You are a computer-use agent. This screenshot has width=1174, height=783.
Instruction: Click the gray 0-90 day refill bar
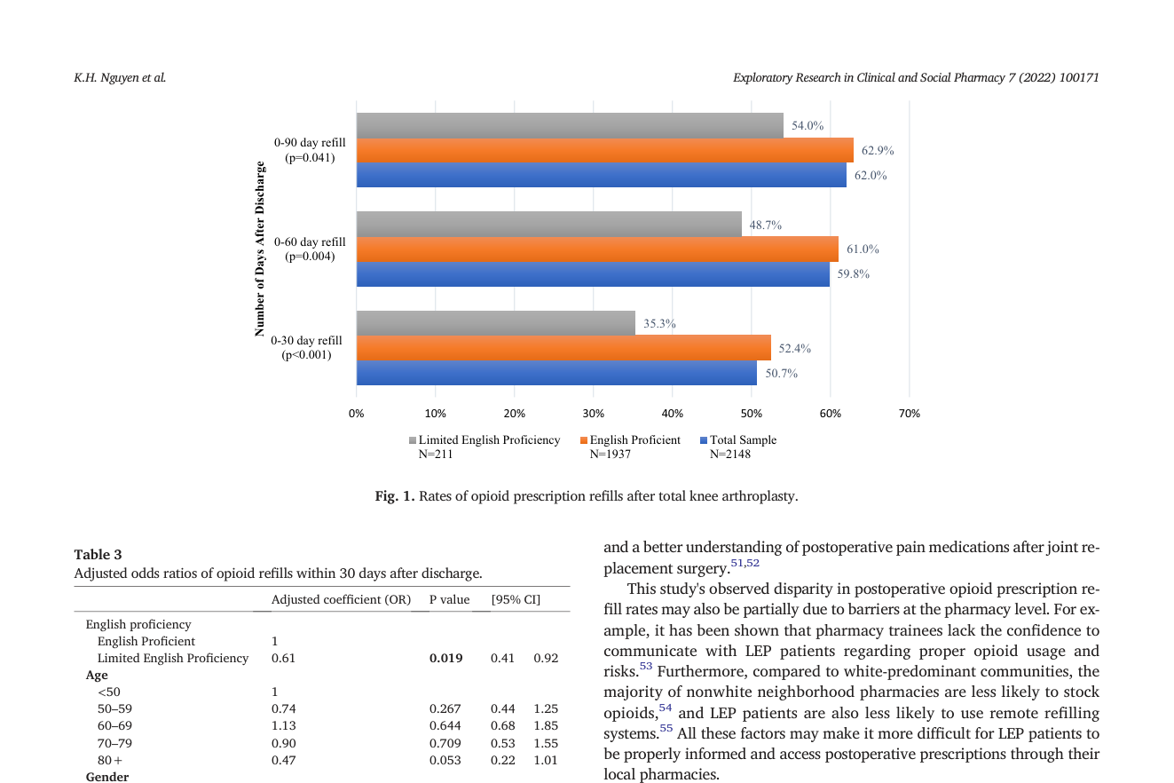pyautogui.click(x=570, y=125)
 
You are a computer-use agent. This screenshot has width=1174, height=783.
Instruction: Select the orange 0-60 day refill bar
pyautogui.click(x=597, y=249)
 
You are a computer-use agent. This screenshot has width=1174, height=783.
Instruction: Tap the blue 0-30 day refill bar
pyautogui.click(x=556, y=373)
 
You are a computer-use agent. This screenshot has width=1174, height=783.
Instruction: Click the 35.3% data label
pyautogui.click(x=659, y=323)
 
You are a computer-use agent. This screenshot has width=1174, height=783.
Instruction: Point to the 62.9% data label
pyautogui.click(x=878, y=151)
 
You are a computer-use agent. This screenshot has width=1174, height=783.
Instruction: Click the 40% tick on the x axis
pyautogui.click(x=672, y=414)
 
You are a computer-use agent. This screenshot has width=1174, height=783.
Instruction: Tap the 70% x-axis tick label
pyautogui.click(x=909, y=414)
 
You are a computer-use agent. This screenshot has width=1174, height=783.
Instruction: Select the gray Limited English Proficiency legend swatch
pyautogui.click(x=413, y=440)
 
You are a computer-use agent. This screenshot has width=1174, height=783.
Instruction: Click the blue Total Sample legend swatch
pyautogui.click(x=704, y=440)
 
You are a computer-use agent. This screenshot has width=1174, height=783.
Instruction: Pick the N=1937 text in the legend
pyautogui.click(x=610, y=455)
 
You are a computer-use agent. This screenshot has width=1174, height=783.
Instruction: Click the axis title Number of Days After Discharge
pyautogui.click(x=259, y=249)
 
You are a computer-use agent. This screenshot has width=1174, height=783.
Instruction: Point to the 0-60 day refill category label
pyautogui.click(x=310, y=249)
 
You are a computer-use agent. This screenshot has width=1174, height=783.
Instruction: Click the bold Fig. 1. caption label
pyautogui.click(x=395, y=496)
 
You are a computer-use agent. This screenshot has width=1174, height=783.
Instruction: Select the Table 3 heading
pyautogui.click(x=98, y=554)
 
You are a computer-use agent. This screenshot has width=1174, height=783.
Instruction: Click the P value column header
pyautogui.click(x=449, y=599)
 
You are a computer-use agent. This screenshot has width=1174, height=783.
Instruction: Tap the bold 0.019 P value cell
pyautogui.click(x=446, y=658)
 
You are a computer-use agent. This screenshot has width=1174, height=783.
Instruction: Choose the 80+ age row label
pyautogui.click(x=109, y=760)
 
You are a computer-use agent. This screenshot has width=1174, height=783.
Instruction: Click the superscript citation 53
pyautogui.click(x=646, y=666)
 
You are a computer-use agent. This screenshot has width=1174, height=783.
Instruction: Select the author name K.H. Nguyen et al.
pyautogui.click(x=120, y=77)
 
